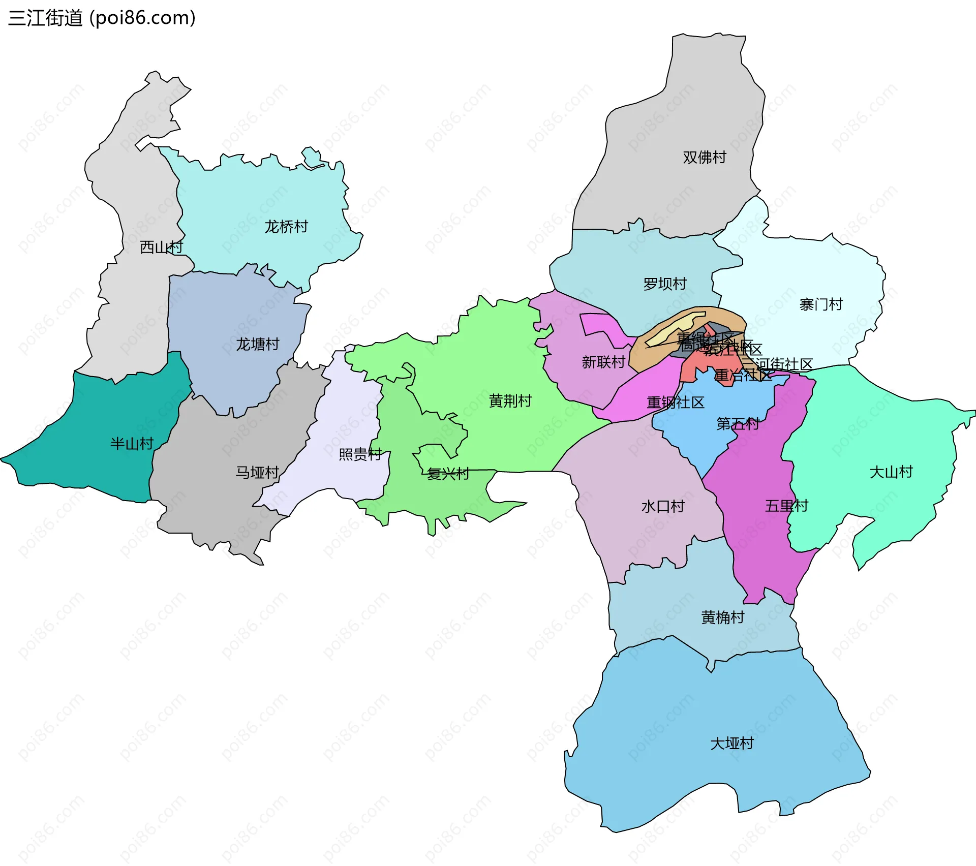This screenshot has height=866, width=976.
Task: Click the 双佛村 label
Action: click(704, 158)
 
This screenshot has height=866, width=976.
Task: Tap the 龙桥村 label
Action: click(286, 227)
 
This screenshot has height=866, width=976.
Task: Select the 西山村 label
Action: click(161, 248)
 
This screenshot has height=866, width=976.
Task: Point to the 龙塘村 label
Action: click(257, 345)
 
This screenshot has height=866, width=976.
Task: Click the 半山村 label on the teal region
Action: click(132, 444)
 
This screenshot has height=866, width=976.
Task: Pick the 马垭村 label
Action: click(257, 473)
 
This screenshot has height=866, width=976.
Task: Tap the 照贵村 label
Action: click(360, 454)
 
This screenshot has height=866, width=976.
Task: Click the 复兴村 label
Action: click(448, 474)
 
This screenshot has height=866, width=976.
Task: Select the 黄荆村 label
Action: click(510, 401)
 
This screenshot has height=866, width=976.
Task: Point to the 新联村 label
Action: click(603, 362)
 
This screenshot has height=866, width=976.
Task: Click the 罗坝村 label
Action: click(664, 284)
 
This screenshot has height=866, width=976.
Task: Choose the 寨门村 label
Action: click(821, 304)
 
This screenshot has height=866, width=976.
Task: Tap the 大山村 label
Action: click(891, 472)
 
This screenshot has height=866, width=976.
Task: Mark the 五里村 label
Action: click(786, 506)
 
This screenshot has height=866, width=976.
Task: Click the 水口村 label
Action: click(663, 507)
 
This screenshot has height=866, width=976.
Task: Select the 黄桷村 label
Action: click(722, 617)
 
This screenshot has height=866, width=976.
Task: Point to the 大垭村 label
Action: click(731, 744)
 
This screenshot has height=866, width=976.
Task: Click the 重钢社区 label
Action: click(675, 403)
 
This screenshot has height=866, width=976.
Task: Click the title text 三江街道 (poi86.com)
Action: click(102, 18)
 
